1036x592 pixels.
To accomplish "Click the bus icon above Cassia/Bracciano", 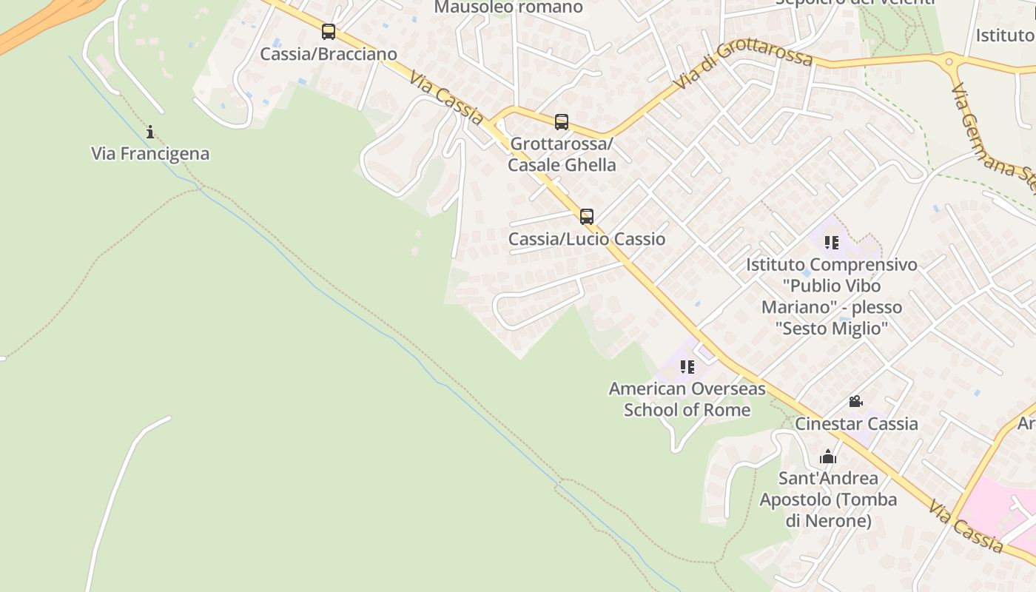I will tap(329, 32).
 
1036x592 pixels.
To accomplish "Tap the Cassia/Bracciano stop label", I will tap(329, 54).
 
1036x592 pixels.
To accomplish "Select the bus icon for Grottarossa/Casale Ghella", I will tap(562, 121).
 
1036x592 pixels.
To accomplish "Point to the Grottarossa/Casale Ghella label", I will tap(562, 154).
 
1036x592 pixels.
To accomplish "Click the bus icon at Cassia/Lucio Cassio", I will tap(587, 217).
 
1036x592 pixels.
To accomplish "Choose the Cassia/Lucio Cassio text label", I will tap(587, 239).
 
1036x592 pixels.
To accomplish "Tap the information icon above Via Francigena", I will tap(150, 132).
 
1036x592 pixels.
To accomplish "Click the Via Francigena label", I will tap(150, 154).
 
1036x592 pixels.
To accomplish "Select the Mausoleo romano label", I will tap(508, 7).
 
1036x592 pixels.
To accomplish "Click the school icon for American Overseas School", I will tap(687, 367).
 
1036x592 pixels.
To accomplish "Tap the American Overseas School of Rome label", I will tap(687, 399).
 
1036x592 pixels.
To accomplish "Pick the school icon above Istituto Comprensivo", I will tap(832, 243).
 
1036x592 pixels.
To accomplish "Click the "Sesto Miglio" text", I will tap(832, 328).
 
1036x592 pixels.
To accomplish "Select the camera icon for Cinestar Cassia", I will tap(855, 402).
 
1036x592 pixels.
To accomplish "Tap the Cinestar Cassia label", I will tap(856, 424).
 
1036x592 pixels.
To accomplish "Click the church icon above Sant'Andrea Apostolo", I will tap(828, 457).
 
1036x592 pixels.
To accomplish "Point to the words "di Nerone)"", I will tap(828, 521).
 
